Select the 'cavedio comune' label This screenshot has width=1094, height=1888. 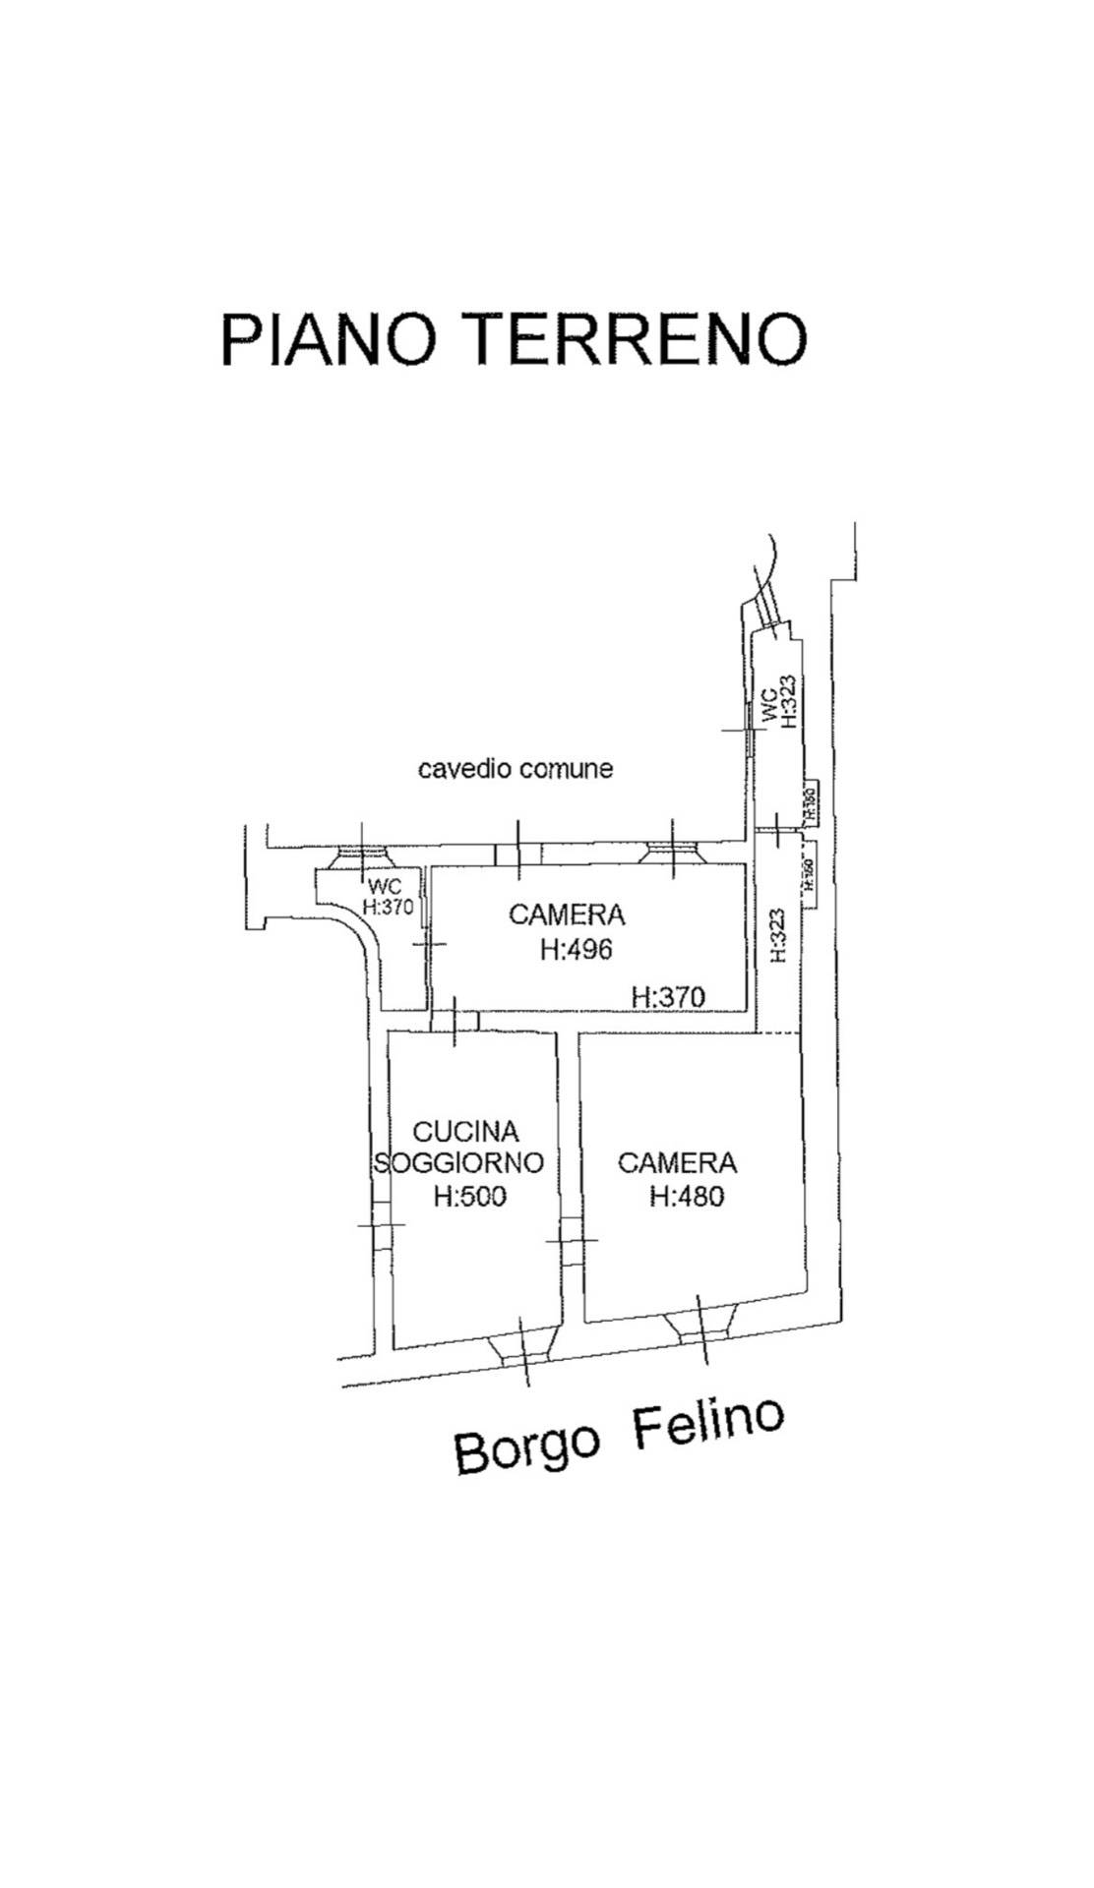(515, 768)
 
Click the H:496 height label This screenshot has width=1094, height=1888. (576, 949)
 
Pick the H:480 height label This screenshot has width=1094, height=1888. (686, 1196)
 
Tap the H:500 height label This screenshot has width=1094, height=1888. (469, 1197)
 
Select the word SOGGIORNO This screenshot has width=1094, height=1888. (459, 1162)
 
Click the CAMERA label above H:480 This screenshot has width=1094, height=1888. (677, 1163)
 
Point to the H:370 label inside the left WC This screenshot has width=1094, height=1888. (388, 908)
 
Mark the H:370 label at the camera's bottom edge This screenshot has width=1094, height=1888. (668, 997)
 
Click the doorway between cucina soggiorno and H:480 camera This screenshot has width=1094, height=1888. (571, 1241)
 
